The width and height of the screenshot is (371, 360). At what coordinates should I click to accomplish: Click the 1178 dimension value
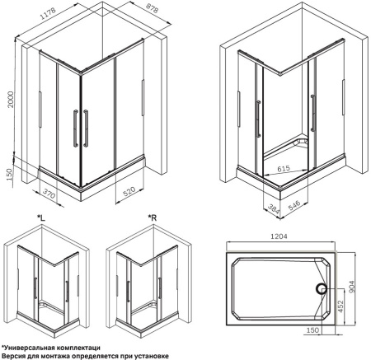49,13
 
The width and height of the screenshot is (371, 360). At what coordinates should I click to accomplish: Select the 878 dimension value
152,9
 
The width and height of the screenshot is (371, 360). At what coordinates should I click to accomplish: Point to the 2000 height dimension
10,100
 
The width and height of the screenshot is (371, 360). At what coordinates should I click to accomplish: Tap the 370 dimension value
49,194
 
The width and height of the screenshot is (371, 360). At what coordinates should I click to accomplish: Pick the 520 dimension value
129,191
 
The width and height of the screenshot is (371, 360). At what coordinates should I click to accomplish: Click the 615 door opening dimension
284,168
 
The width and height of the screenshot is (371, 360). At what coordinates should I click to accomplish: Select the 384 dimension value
273,209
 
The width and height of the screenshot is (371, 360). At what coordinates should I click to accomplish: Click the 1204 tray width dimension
279,236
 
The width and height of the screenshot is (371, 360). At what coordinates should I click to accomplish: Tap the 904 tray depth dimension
352,287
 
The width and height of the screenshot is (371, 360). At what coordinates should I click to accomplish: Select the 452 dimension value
340,307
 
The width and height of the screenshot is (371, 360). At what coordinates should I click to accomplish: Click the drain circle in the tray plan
321,288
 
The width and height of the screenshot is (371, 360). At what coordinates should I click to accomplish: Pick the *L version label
41,218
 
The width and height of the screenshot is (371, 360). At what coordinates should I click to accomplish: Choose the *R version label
153,218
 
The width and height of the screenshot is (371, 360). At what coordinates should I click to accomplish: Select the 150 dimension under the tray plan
312,330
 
